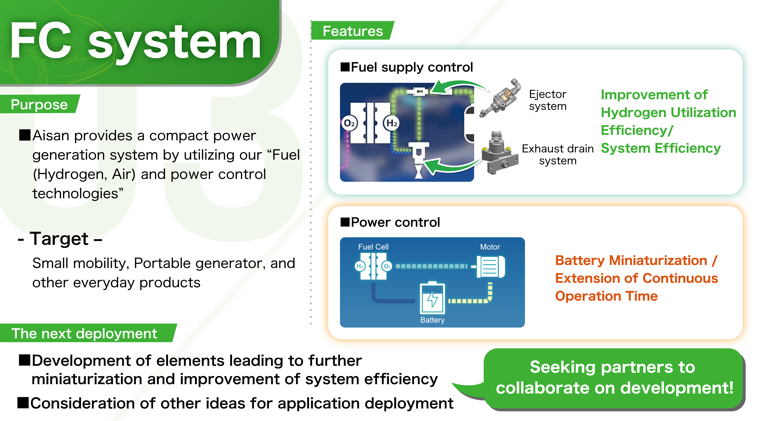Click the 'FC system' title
point(135,41)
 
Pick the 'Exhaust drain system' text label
point(558,154)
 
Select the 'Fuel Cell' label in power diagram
point(373,247)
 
